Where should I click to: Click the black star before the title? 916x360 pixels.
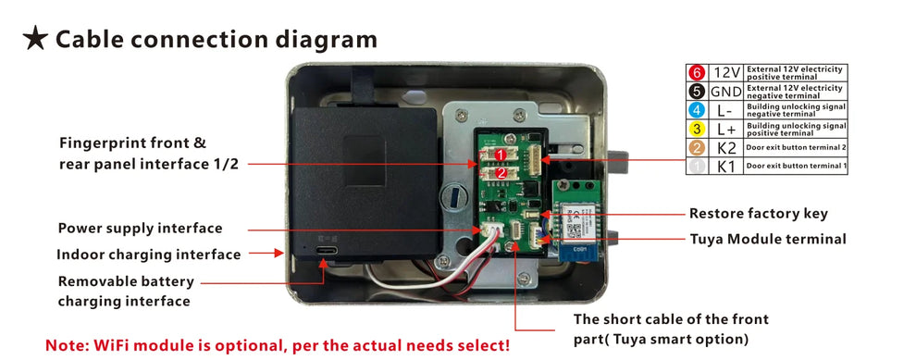35,39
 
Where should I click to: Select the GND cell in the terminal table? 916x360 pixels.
726,92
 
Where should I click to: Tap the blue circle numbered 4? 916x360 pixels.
697,110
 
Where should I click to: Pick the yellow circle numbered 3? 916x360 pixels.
697,129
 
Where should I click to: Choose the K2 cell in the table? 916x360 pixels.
726,148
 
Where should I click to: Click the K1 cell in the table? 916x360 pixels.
726,167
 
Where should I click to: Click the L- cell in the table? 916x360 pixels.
726,110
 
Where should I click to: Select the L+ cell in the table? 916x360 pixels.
726,129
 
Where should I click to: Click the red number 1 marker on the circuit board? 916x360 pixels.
501,155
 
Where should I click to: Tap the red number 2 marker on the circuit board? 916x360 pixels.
501,172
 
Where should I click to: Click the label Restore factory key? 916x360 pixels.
759,214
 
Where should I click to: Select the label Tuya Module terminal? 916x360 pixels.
768,239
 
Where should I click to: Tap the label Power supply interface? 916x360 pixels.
140,229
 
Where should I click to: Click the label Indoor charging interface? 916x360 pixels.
148,254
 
